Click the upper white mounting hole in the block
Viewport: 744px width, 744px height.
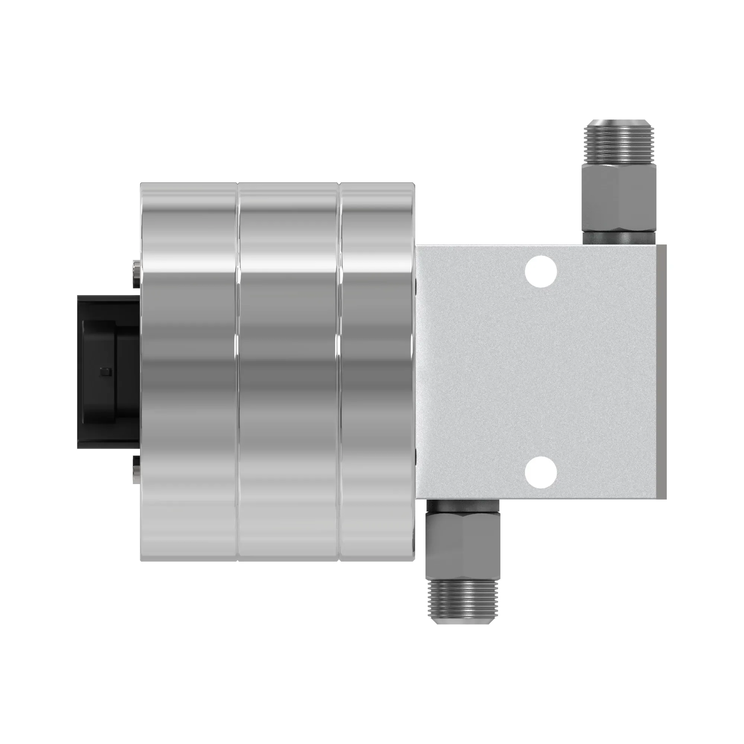click(x=541, y=271)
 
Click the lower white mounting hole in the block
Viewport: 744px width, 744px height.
click(x=541, y=472)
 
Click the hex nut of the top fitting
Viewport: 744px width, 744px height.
click(x=619, y=200)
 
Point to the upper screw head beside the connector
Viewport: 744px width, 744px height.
click(x=135, y=274)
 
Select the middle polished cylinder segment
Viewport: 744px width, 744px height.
click(x=288, y=372)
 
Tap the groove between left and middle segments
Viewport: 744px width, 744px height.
click(x=237, y=372)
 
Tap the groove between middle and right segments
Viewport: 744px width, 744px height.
click(x=339, y=372)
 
